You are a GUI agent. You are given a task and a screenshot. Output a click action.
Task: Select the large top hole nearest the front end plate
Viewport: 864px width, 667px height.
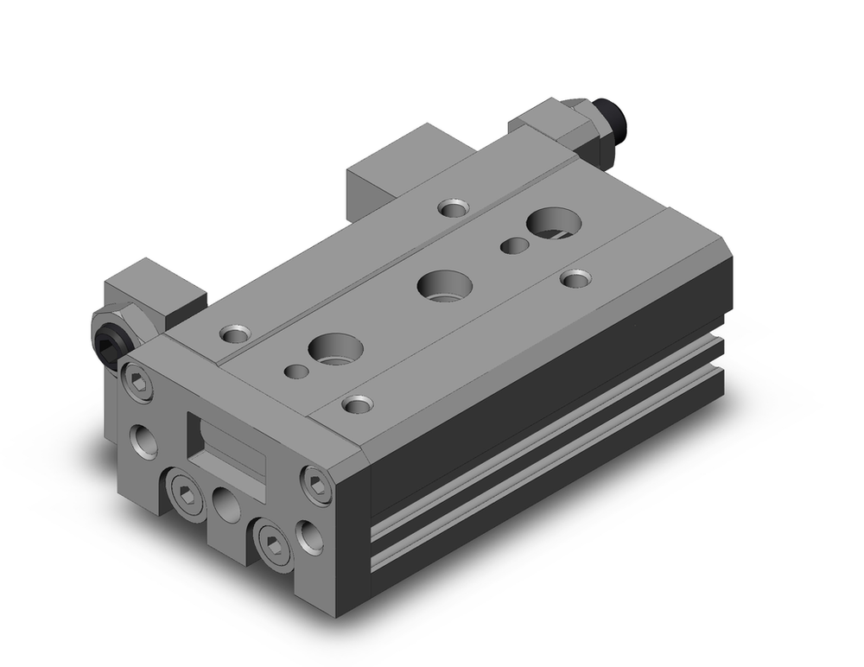point(334,347)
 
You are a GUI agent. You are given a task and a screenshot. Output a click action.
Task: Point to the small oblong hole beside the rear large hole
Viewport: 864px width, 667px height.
point(515,245)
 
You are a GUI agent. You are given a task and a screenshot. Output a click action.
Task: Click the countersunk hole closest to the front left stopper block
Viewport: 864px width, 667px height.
point(233,333)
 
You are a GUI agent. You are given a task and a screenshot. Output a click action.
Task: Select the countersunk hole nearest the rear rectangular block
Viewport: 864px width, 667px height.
point(451,207)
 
